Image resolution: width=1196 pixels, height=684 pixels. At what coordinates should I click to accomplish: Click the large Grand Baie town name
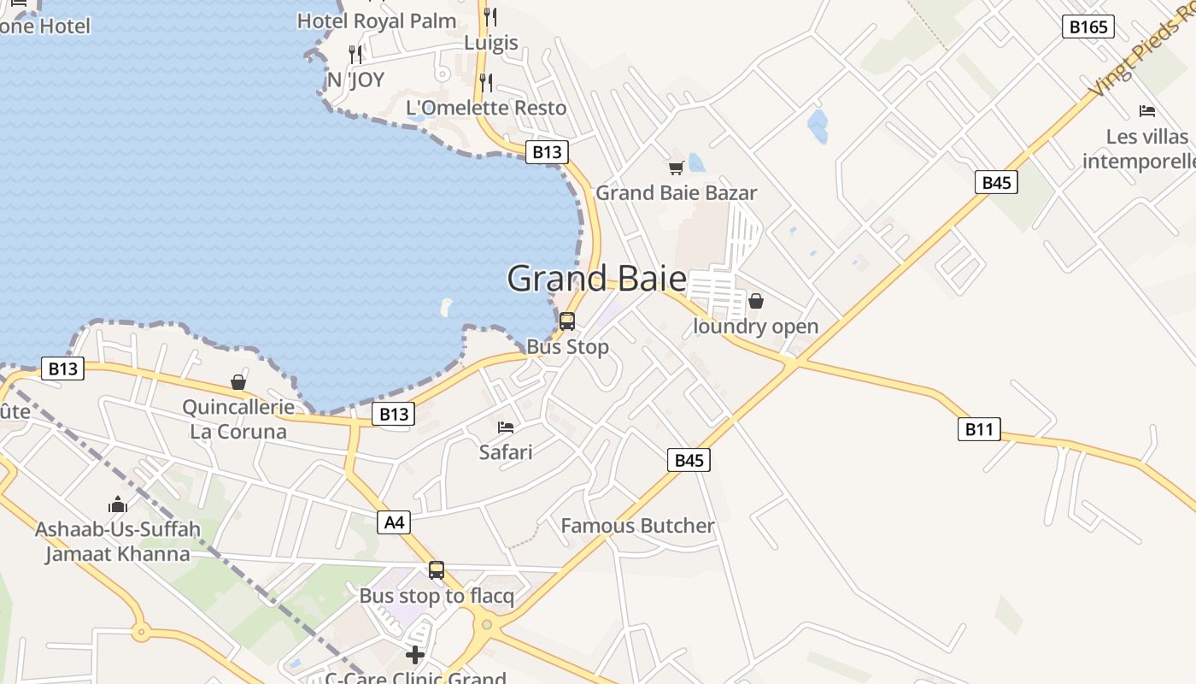point(596,279)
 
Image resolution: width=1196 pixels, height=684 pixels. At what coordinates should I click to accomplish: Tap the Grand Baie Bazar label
point(676,192)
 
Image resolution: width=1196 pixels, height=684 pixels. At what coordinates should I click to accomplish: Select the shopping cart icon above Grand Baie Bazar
point(676,168)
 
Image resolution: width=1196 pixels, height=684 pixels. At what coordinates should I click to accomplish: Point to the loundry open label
point(755,327)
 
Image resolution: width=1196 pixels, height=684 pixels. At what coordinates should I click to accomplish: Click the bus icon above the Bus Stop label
point(566,321)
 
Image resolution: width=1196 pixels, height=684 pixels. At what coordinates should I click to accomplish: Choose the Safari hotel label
point(506,451)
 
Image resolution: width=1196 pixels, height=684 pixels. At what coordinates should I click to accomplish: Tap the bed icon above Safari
point(506,427)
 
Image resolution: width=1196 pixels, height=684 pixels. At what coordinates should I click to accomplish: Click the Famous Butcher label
point(637,525)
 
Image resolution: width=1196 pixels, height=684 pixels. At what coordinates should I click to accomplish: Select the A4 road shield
point(394,522)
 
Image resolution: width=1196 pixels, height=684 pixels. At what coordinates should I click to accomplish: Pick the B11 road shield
point(978,429)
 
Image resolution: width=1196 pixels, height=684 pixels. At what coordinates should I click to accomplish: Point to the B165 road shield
point(1088,27)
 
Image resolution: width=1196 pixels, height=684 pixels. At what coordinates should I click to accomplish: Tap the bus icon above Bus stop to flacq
point(437,569)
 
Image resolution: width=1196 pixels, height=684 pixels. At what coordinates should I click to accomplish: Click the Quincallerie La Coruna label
point(238,419)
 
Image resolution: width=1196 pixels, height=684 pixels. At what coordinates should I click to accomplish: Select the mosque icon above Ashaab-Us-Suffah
point(118,504)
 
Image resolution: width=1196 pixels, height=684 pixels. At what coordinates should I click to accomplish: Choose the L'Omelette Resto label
point(486,108)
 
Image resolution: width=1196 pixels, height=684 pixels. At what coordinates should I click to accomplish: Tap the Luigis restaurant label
point(491,43)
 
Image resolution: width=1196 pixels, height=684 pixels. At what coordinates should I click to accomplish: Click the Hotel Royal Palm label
point(377,21)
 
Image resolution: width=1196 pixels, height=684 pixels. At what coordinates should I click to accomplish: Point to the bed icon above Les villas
point(1146,111)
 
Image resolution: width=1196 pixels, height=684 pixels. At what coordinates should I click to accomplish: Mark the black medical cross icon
point(415,655)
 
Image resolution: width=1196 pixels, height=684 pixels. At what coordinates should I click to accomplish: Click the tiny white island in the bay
point(445,305)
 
